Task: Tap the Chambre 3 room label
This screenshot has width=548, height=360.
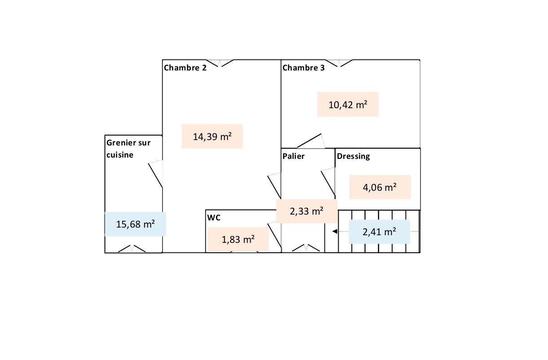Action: [x=303, y=68]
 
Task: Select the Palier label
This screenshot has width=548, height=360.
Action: [x=293, y=156]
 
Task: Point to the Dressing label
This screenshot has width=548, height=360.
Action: [x=353, y=156]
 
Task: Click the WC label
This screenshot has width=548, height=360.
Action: [x=214, y=218]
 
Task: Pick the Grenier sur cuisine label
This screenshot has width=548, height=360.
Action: [x=128, y=149]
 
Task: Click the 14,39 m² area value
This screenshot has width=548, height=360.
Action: [x=212, y=136]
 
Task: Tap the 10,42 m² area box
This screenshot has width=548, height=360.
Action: [x=348, y=105]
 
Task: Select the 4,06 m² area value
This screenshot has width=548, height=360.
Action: [x=380, y=187]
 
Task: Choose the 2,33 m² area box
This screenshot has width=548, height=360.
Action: [x=307, y=211]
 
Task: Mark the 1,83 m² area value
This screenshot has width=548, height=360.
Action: [x=238, y=239]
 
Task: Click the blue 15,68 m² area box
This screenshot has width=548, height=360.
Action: [x=135, y=224]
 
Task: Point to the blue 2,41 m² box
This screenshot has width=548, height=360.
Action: [x=379, y=232]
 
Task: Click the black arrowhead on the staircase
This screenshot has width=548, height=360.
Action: [x=334, y=232]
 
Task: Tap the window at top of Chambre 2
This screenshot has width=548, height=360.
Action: [x=220, y=63]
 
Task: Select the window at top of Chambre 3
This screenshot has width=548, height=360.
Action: [x=339, y=63]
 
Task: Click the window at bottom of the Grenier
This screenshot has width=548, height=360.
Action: [x=132, y=249]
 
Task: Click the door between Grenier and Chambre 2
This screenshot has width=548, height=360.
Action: [x=155, y=173]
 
